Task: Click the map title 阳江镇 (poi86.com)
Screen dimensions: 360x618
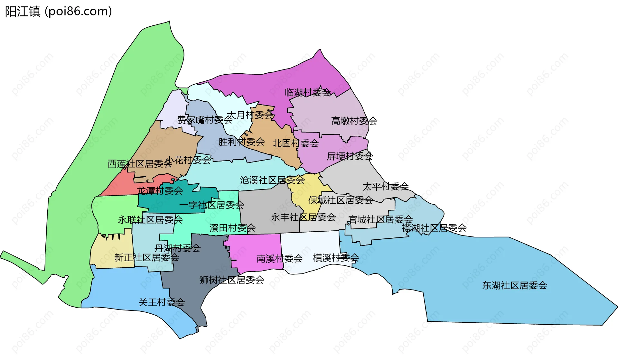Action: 58,12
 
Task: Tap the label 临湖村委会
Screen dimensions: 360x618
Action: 308,93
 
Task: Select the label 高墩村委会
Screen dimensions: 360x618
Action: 354,121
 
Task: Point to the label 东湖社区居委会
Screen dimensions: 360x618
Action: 514,285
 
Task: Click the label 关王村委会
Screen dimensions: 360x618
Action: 162,302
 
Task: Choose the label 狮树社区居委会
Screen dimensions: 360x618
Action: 231,280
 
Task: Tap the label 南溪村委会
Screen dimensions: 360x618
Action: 279,258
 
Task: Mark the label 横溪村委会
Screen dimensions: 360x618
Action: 336,258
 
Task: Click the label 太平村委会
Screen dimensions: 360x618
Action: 385,186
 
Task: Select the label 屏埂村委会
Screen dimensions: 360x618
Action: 350,156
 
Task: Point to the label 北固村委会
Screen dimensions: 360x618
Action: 295,143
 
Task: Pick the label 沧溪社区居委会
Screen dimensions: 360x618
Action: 272,180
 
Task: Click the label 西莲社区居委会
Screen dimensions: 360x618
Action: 140,164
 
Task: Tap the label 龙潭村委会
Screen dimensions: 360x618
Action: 160,191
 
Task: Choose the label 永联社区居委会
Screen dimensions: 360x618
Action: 150,220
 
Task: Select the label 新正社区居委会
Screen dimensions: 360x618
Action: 146,257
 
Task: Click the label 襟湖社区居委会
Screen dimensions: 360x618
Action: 434,228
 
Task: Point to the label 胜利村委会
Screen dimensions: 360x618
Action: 241,142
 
